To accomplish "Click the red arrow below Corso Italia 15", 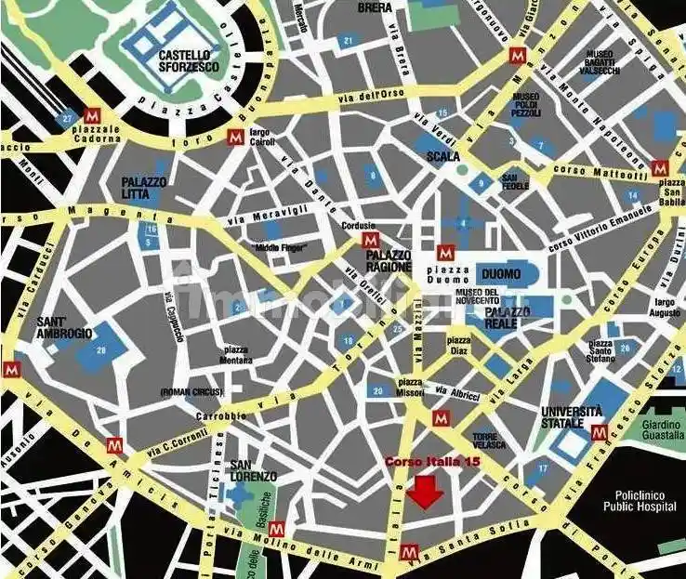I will [x=427, y=492].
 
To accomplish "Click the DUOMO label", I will [x=502, y=274].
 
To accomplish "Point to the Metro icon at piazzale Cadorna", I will [x=91, y=116].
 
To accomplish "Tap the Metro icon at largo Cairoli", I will [x=236, y=139].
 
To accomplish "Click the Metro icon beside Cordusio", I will [x=368, y=241].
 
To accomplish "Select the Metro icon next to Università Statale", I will [x=600, y=432].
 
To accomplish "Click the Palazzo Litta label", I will [x=144, y=189].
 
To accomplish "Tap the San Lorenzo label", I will [x=254, y=471].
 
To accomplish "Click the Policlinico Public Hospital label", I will [x=631, y=503].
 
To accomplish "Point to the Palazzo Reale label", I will [x=508, y=317].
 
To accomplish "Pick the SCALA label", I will [x=443, y=156].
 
